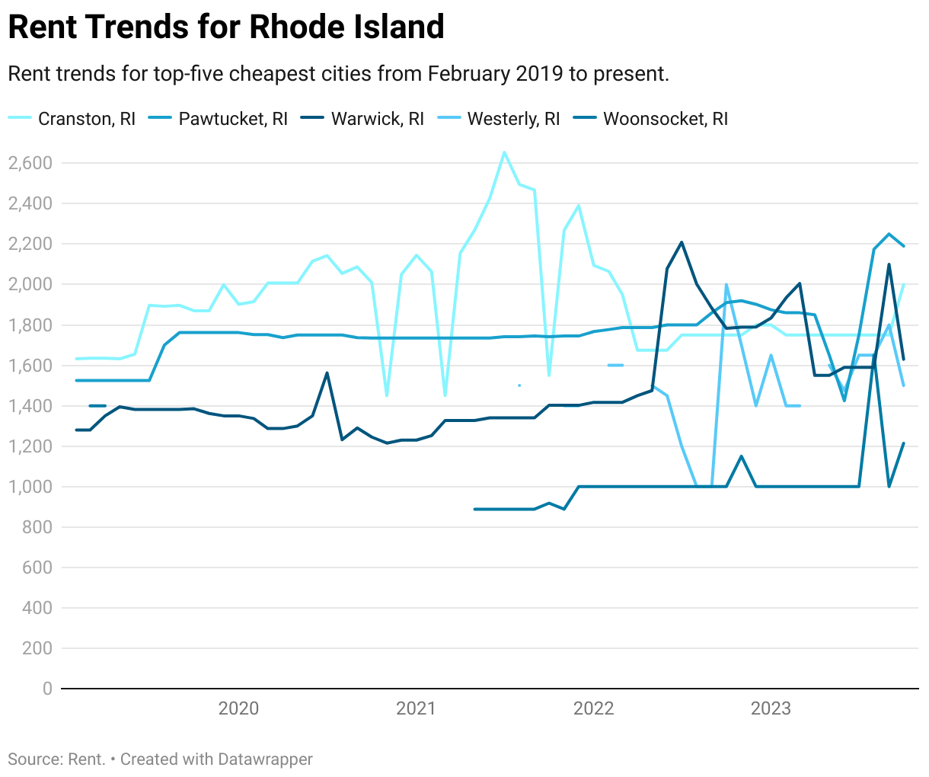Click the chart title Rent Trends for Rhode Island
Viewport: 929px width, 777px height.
(226, 27)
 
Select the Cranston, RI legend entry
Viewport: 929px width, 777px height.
(86, 119)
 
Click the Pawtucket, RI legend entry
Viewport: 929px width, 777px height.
(233, 119)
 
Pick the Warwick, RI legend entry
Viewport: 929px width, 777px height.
(377, 119)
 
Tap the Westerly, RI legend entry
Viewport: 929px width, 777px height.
(513, 119)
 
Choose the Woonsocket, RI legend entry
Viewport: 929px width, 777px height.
(665, 119)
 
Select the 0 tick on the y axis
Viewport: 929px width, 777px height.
(47, 689)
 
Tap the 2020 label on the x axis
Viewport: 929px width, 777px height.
(238, 709)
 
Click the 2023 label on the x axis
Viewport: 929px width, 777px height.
(771, 709)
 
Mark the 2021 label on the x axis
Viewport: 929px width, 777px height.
(416, 709)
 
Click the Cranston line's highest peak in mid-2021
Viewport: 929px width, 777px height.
(504, 152)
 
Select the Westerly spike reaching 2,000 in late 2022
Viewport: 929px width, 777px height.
(726, 285)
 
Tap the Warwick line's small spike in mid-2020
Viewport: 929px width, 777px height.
(327, 373)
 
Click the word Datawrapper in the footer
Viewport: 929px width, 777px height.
(265, 759)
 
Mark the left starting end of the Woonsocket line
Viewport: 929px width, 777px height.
(474, 509)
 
